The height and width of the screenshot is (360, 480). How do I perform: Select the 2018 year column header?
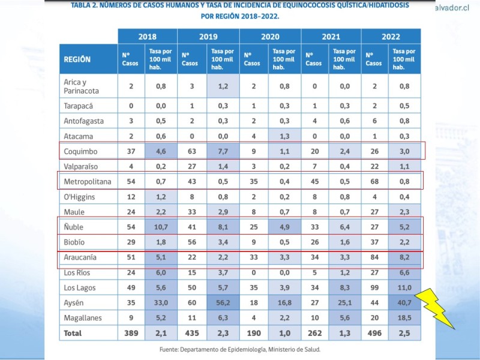[147, 37]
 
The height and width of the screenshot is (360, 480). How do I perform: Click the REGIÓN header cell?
[77, 59]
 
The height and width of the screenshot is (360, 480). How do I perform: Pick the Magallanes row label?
[82, 317]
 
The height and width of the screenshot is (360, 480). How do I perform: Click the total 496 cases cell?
[374, 332]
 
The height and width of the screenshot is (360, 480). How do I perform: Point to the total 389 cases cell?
[131, 332]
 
